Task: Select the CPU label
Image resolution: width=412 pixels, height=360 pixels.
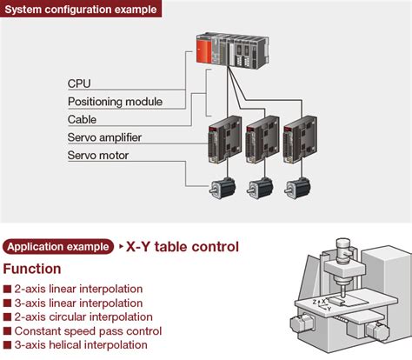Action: click(79, 83)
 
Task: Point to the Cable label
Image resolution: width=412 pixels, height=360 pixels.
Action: click(82, 119)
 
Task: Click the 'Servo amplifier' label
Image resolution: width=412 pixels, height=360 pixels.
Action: click(104, 137)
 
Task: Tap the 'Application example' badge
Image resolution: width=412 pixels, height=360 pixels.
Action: click(58, 247)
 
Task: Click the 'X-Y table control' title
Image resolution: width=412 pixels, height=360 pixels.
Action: click(182, 247)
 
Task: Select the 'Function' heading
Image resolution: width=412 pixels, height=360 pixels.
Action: click(32, 269)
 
